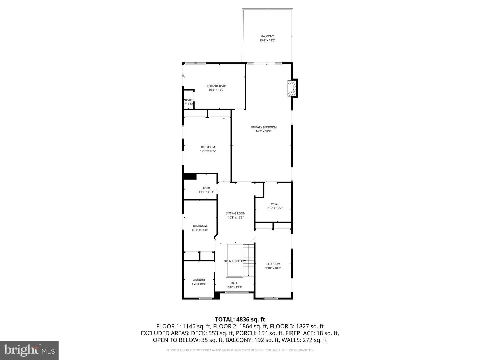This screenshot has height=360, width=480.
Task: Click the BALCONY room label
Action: point(267,36)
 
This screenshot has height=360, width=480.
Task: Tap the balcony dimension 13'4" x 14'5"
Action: point(267,41)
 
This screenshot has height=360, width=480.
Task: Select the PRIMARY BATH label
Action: point(216,86)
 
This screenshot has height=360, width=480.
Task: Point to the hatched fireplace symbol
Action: point(292,88)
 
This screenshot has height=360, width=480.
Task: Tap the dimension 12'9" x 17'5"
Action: point(208,151)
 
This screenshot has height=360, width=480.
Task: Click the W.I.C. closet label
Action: point(274,204)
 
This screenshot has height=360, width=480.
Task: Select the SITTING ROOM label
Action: point(236,213)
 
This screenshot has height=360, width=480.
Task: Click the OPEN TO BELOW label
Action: point(235,261)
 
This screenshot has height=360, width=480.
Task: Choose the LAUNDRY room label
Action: point(199,280)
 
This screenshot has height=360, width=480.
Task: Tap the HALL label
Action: point(234,283)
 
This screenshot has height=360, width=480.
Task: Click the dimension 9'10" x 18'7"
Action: point(273,268)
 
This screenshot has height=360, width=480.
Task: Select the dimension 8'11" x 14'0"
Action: point(200,230)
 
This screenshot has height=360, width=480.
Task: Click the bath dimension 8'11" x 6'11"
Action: point(206,192)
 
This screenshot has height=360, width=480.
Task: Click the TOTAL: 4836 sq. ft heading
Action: point(240,319)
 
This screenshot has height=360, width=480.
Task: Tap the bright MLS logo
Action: point(29,350)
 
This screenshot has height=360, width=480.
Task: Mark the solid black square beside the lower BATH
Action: point(190,176)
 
